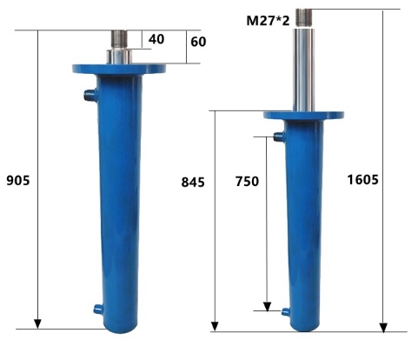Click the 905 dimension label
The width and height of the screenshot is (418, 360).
(x=18, y=180)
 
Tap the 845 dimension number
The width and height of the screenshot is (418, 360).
(x=193, y=183)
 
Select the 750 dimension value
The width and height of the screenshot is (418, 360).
(x=247, y=182)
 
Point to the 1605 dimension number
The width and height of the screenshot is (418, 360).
(x=362, y=180)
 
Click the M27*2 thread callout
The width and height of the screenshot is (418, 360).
(x=268, y=21)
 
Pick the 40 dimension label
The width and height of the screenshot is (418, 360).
(x=156, y=39)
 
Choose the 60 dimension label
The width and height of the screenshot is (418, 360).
(x=198, y=42)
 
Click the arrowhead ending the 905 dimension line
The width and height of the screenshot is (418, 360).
(x=37, y=323)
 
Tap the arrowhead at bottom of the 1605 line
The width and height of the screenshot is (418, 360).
(x=383, y=328)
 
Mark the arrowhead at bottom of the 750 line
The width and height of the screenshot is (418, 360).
(x=267, y=306)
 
